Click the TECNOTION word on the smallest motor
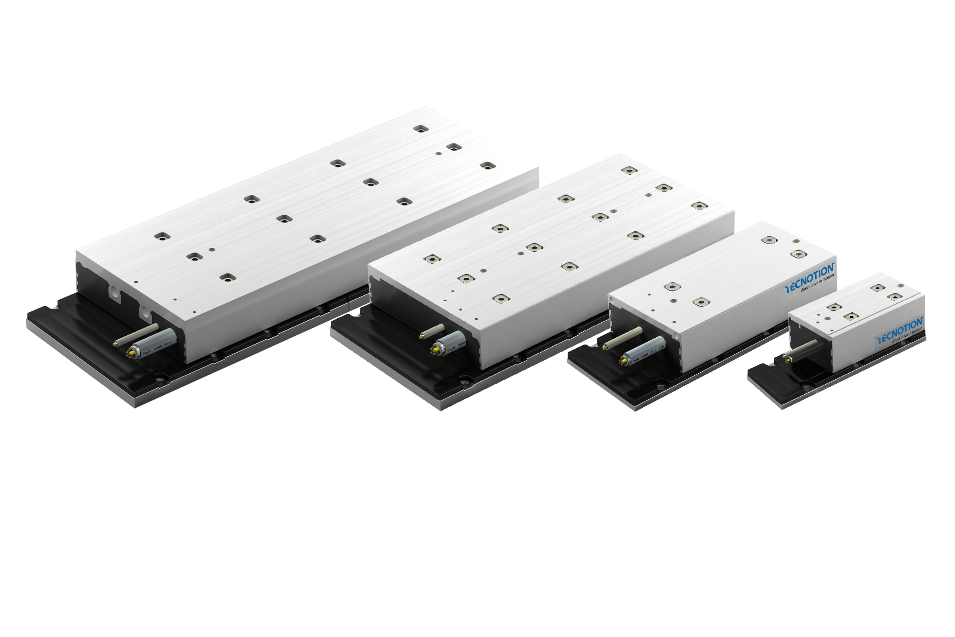[x=900, y=328]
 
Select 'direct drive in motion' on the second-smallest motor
[x=817, y=284]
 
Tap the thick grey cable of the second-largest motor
[x=453, y=341]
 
